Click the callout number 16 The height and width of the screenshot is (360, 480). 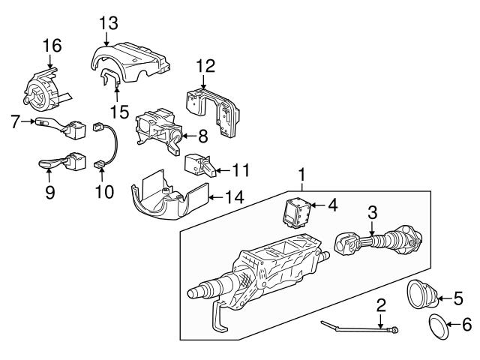pos(51,47)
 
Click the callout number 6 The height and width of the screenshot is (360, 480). pos(465,326)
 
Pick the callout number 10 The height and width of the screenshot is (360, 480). pos(104,191)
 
